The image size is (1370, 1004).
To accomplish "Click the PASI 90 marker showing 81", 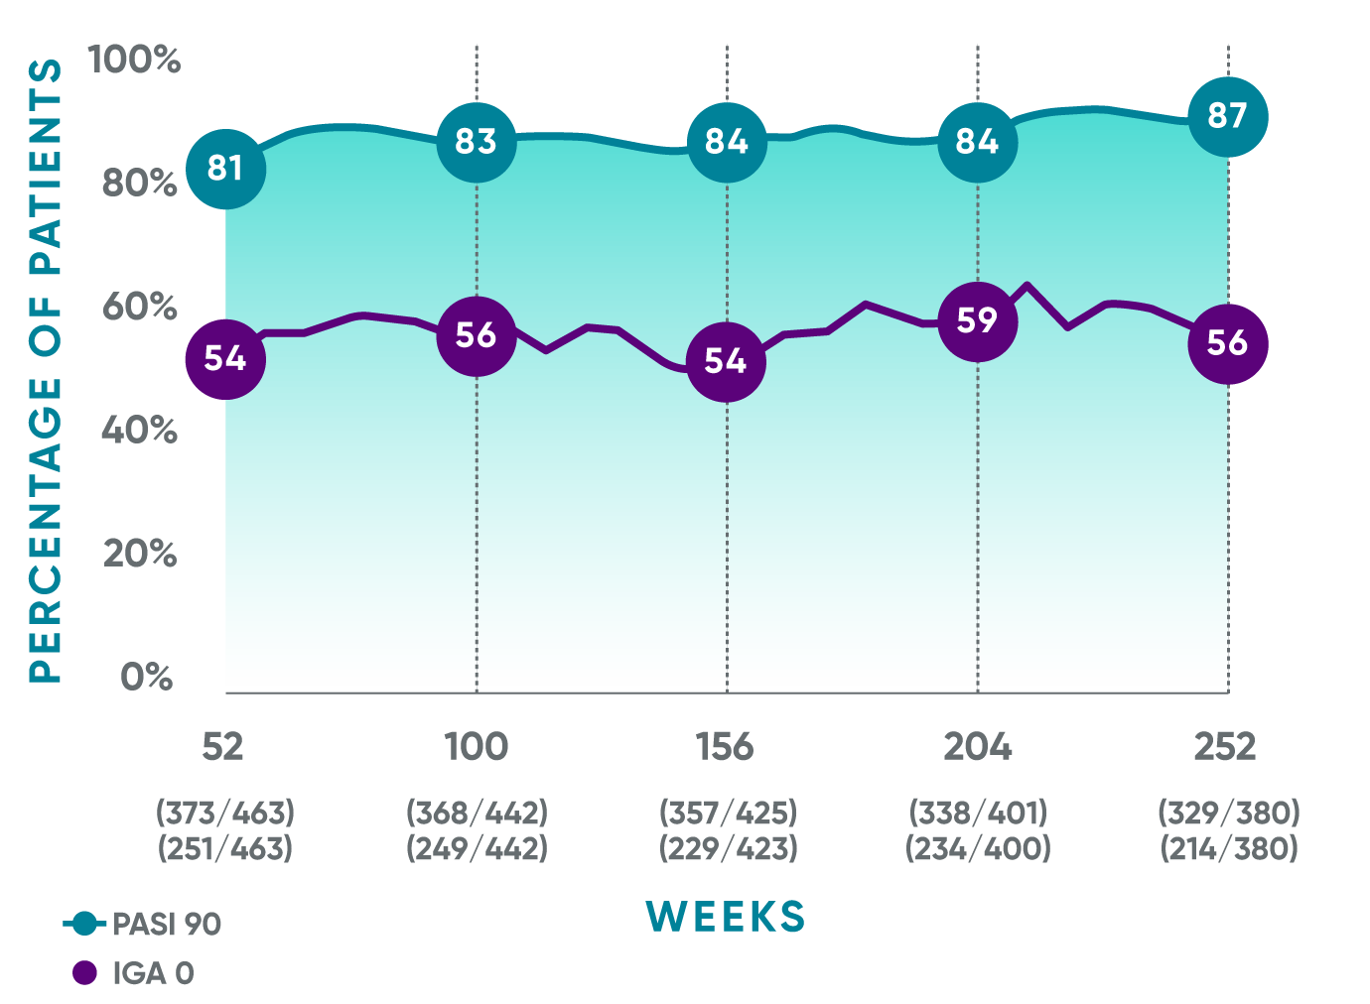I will (225, 169).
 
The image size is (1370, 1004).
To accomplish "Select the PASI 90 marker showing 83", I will (477, 142).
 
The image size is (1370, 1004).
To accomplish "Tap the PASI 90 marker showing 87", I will (1228, 116).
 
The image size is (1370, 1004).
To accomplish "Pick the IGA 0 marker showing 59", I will (978, 320).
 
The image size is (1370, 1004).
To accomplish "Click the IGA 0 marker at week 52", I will (225, 358).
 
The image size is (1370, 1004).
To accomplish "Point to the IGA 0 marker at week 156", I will (726, 361).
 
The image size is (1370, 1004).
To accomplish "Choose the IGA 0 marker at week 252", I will (1228, 343).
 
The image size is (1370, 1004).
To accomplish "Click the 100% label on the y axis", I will (135, 60).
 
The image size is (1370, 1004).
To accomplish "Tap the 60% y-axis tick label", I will (140, 307).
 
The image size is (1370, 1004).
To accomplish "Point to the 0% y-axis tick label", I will (147, 677).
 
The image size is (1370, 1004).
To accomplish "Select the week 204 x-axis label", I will (978, 746).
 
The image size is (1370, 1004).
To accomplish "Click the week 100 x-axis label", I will (477, 746).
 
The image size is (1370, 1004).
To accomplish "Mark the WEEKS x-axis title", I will (726, 917).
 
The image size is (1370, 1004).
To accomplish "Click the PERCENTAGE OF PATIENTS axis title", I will (46, 371).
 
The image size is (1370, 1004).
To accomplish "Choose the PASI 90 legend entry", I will (143, 924).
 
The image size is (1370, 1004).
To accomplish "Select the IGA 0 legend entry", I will (134, 973).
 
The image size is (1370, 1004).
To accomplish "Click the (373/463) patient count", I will (225, 813).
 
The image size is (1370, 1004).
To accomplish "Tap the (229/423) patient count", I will (728, 849).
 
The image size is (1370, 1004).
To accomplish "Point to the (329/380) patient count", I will (1229, 813).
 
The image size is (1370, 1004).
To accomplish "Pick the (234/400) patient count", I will (978, 849).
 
